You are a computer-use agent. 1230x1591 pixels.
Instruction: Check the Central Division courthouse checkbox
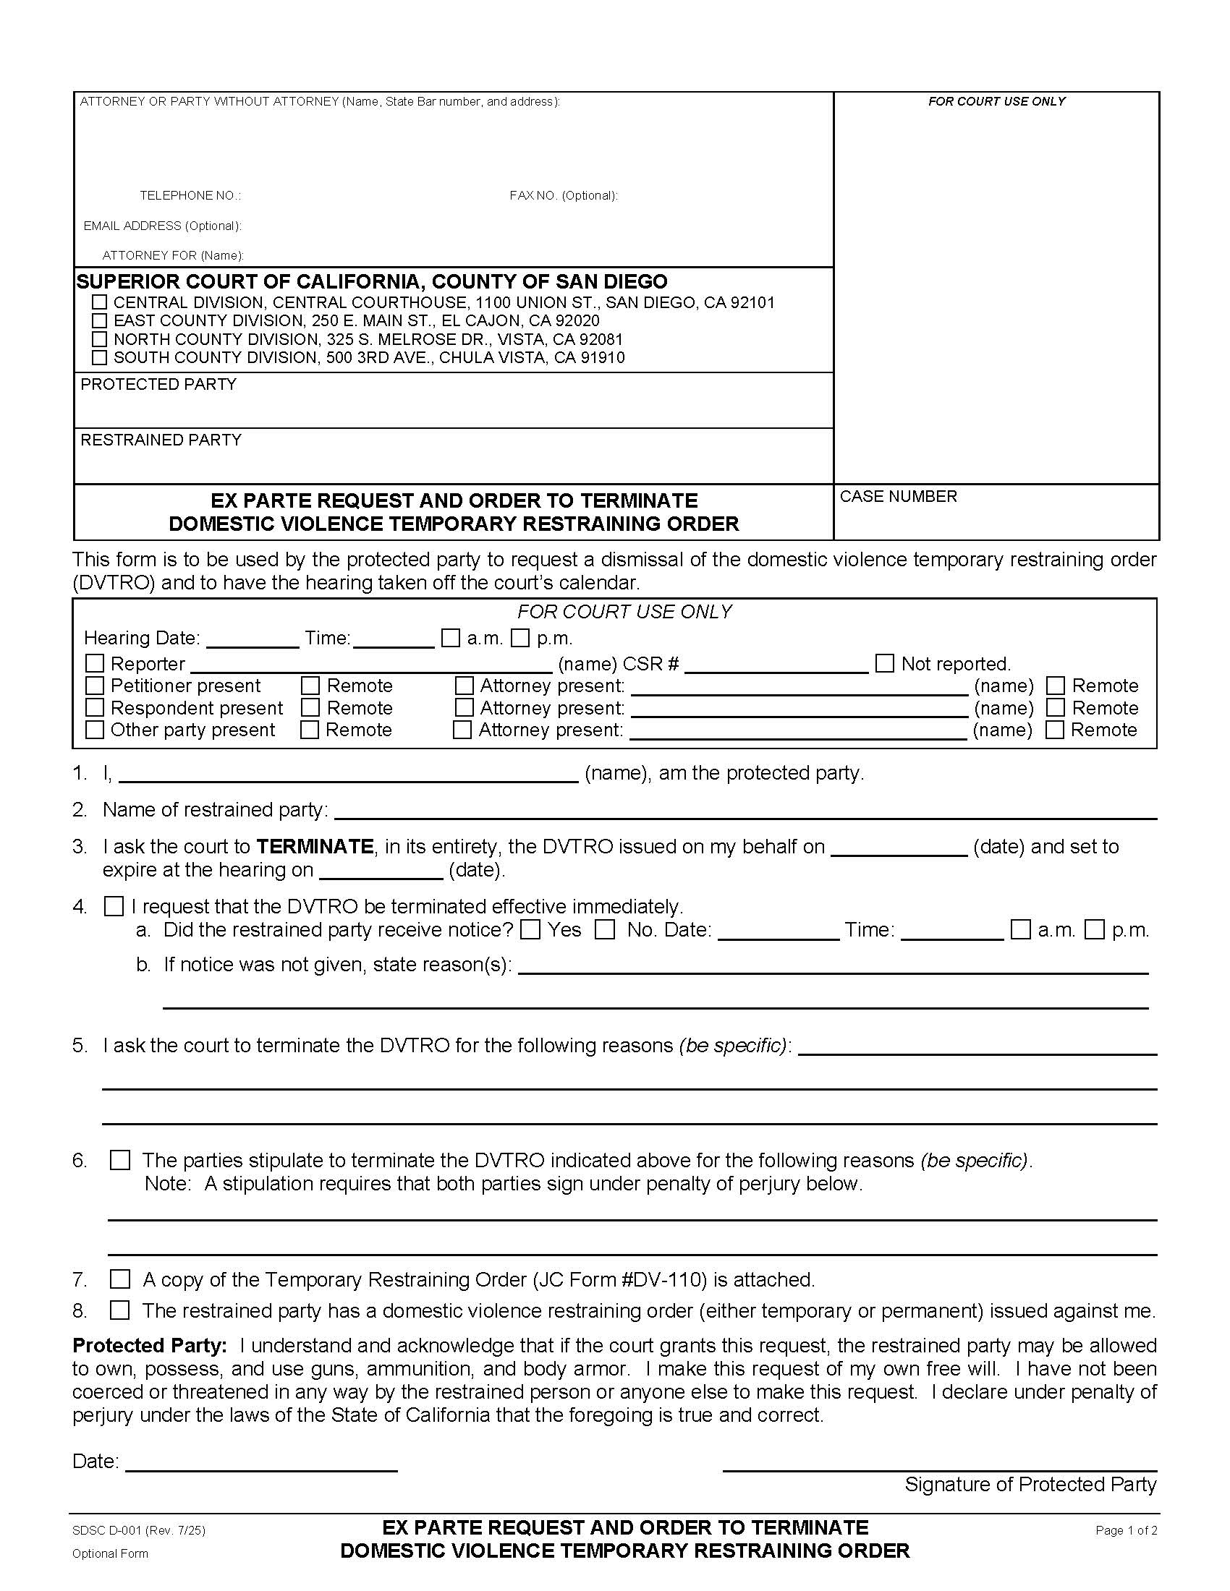tap(100, 302)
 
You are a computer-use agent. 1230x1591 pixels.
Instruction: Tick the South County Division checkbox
tap(100, 358)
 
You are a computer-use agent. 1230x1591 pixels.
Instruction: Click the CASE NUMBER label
tap(898, 497)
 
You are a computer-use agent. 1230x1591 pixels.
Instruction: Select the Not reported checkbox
tap(884, 664)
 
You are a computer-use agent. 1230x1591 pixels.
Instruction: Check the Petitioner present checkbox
tap(95, 686)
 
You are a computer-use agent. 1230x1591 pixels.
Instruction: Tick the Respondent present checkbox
tap(95, 708)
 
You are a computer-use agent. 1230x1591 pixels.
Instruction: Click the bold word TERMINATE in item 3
tap(315, 847)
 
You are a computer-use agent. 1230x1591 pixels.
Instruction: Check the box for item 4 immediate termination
tap(114, 907)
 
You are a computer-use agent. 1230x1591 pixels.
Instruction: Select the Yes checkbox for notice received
tap(531, 930)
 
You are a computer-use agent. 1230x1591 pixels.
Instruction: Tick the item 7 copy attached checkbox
tap(119, 1280)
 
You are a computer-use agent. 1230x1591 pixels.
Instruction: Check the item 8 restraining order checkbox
tap(119, 1311)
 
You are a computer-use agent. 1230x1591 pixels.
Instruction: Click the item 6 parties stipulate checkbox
tap(119, 1161)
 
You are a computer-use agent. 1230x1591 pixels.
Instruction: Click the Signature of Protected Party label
tap(1030, 1485)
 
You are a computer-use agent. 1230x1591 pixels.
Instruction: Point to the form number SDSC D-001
tap(138, 1531)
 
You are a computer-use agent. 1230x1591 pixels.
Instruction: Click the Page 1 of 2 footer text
tap(1126, 1531)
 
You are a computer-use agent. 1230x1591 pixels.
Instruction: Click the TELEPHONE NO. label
tap(190, 196)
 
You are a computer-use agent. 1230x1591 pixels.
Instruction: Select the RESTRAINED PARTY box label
tap(161, 440)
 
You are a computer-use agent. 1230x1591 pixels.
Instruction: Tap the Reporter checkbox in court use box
tap(95, 664)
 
